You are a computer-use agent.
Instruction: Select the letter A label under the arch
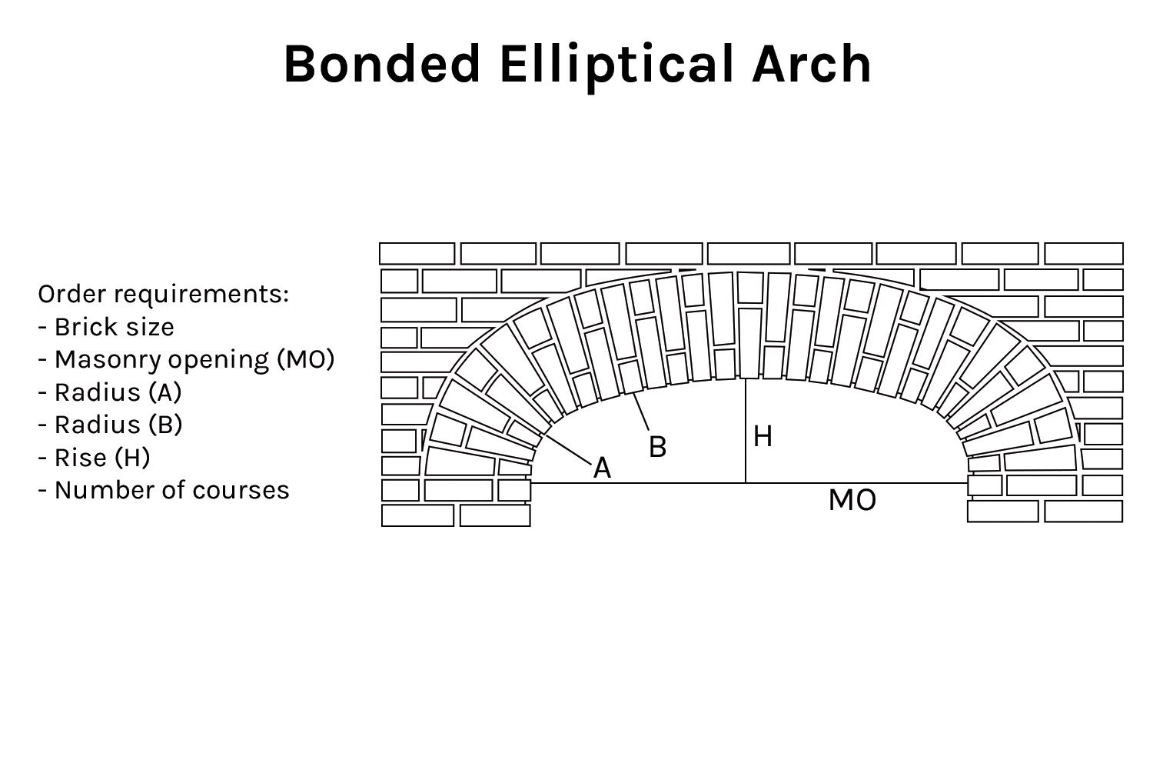tap(602, 468)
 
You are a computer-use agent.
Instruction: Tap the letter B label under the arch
tap(657, 447)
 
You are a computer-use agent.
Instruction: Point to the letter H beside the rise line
tap(763, 437)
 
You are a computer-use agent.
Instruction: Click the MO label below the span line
tap(852, 501)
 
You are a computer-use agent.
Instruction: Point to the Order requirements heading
tap(164, 294)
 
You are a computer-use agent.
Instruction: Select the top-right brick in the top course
tap(1084, 253)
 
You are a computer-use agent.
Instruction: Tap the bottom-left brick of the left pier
tap(417, 515)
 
